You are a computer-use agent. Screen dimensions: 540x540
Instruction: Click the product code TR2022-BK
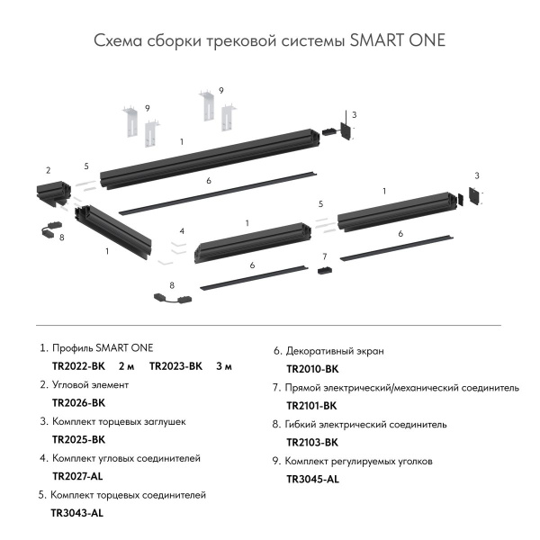pyautogui.click(x=79, y=365)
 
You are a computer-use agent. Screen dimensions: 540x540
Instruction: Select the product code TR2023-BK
pyautogui.click(x=175, y=365)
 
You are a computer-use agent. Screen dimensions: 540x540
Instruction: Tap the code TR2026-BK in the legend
pyautogui.click(x=79, y=402)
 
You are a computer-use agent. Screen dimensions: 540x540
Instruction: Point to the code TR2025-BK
pyautogui.click(x=79, y=439)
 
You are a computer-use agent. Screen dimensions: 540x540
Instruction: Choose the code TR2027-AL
pyautogui.click(x=79, y=476)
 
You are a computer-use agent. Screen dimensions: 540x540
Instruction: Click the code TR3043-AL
pyautogui.click(x=77, y=513)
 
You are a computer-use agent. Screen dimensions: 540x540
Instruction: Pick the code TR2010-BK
pyautogui.click(x=312, y=369)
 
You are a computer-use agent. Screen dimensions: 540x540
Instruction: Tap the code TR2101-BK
pyautogui.click(x=312, y=406)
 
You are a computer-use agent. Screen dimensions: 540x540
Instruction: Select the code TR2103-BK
pyautogui.click(x=312, y=443)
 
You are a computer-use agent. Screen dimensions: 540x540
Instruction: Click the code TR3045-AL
pyautogui.click(x=312, y=480)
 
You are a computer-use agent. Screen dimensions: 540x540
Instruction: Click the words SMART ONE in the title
pyautogui.click(x=397, y=41)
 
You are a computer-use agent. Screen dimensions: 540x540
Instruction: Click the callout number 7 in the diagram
pyautogui.click(x=325, y=256)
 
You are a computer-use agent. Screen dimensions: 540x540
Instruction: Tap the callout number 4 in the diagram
pyautogui.click(x=182, y=231)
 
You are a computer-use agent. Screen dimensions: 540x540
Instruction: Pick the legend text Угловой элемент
pyautogui.click(x=91, y=384)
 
